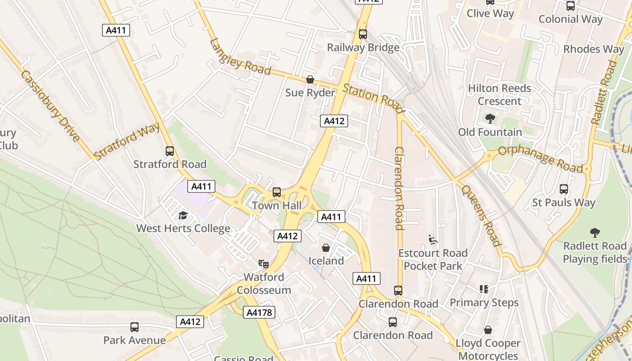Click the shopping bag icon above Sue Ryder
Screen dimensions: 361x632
(x=310, y=80)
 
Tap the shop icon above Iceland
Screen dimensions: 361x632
(x=326, y=248)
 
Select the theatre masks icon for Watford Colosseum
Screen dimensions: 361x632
(x=264, y=264)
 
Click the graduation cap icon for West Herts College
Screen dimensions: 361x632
(x=183, y=216)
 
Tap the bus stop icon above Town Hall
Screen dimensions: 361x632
(x=277, y=192)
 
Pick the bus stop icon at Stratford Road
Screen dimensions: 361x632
(x=170, y=151)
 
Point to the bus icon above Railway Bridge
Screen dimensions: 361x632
(x=363, y=34)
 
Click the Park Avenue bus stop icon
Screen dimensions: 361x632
(x=135, y=327)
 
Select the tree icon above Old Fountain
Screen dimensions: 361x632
(x=490, y=119)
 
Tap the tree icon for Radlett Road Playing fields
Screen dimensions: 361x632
(x=595, y=233)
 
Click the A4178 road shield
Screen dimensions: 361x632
(x=259, y=312)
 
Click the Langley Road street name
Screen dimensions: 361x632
(x=240, y=57)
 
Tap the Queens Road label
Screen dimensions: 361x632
(x=482, y=216)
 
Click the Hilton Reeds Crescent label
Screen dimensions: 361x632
(x=499, y=95)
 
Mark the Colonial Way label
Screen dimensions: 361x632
(x=570, y=19)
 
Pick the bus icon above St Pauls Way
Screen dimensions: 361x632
(x=564, y=189)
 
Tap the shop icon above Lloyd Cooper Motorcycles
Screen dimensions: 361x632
(x=488, y=330)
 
